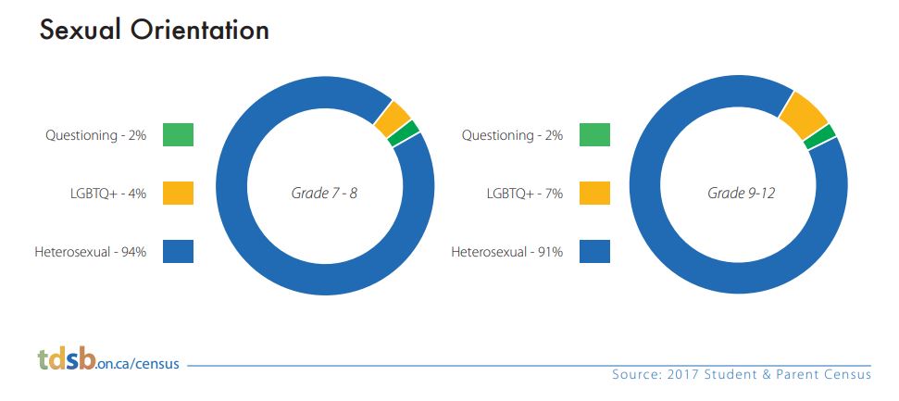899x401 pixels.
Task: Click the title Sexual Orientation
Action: (x=155, y=31)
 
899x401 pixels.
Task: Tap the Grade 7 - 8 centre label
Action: (x=325, y=194)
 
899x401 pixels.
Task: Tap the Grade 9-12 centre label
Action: (x=741, y=194)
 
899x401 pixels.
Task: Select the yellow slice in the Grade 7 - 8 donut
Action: (x=393, y=119)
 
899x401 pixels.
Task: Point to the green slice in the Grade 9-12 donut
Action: (x=819, y=136)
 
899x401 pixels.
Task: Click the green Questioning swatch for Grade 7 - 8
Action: (x=178, y=135)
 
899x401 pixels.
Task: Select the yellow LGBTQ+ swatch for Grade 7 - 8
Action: (x=178, y=193)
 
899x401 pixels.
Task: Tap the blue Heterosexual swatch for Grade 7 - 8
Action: (x=178, y=251)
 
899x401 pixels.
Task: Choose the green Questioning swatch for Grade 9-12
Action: (x=594, y=135)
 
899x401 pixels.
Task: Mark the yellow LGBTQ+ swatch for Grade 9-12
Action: (x=594, y=193)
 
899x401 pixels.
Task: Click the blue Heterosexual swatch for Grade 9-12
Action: (x=594, y=251)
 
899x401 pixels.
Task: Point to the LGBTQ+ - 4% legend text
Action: (x=107, y=194)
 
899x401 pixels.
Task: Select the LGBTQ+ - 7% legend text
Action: (x=525, y=194)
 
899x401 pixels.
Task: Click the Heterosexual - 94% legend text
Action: (x=91, y=252)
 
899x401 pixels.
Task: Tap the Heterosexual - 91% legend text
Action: (x=506, y=252)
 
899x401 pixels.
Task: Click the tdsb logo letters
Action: (x=67, y=359)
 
